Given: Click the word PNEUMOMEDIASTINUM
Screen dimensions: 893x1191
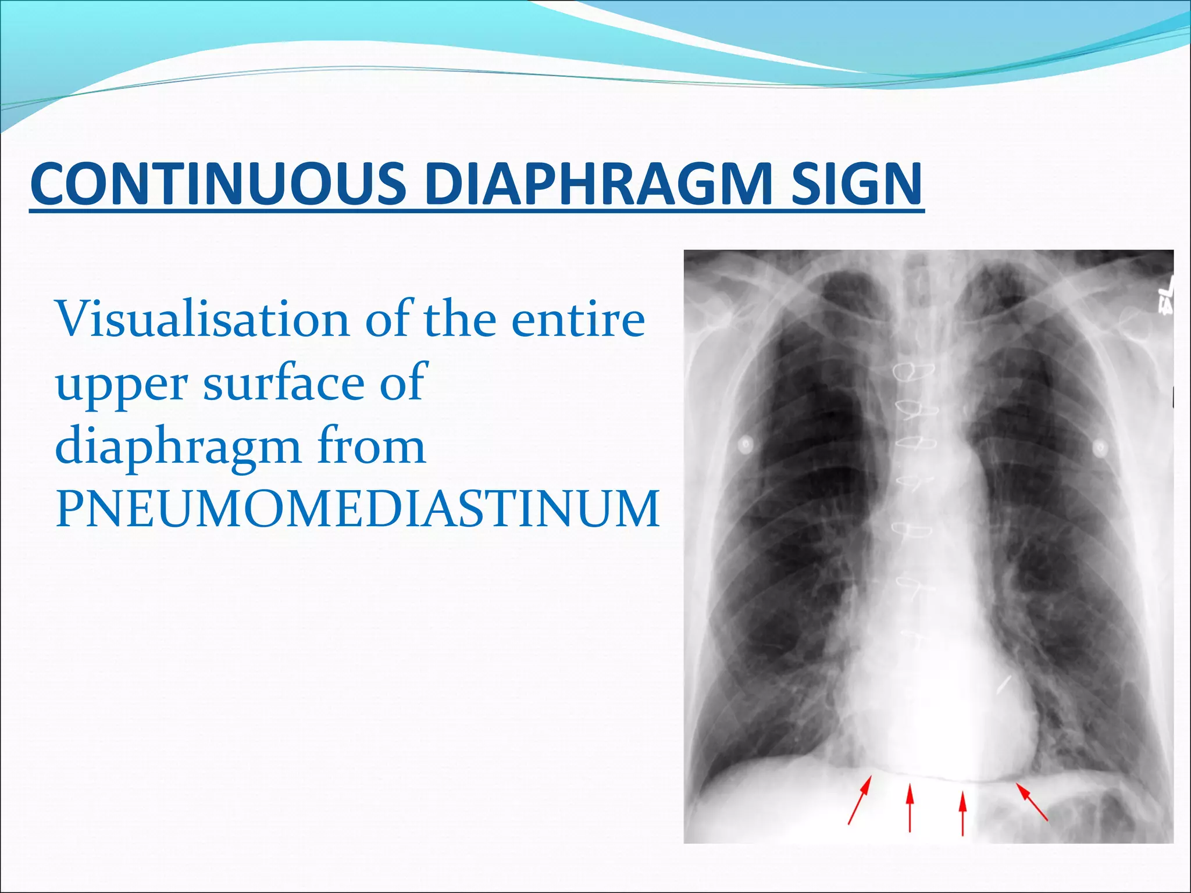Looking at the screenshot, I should [357, 509].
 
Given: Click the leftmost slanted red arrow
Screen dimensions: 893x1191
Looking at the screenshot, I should [860, 802].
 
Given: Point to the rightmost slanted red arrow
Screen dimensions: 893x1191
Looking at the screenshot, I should [1032, 802].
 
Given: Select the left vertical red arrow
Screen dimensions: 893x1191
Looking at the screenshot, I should [910, 808].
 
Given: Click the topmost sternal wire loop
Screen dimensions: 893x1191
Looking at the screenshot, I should [914, 370].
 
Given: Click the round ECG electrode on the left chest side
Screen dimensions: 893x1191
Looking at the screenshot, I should [746, 445].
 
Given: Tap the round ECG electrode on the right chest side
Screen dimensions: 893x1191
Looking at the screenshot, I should [1099, 447].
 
